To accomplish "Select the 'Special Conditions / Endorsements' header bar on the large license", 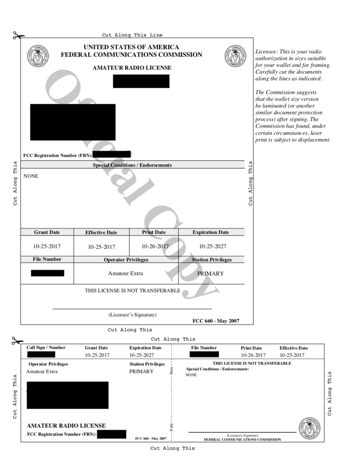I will pos(132,165).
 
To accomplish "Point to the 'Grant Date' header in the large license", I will pos(47,232).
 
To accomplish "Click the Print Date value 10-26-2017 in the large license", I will pos(155,246).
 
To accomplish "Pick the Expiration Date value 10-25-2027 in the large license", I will pos(213,246).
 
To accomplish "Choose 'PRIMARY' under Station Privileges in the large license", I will pos(210,274).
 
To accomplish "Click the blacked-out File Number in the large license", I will pos(47,273).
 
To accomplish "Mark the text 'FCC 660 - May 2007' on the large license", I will pos(216,321).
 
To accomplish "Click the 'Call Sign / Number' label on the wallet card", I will pos(46,348).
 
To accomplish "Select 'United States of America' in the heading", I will pos(132,47).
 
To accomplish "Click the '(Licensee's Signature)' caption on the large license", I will pos(132,314).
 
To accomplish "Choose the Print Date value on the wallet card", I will pos(253,355).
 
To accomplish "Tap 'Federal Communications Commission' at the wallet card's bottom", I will pos(242,440).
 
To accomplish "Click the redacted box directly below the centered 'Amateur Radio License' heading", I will pos(141,81).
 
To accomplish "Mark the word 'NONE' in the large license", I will pos(31,176).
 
